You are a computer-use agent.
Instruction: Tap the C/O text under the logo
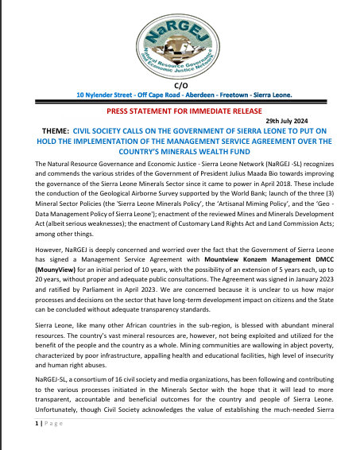coord(178,84)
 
